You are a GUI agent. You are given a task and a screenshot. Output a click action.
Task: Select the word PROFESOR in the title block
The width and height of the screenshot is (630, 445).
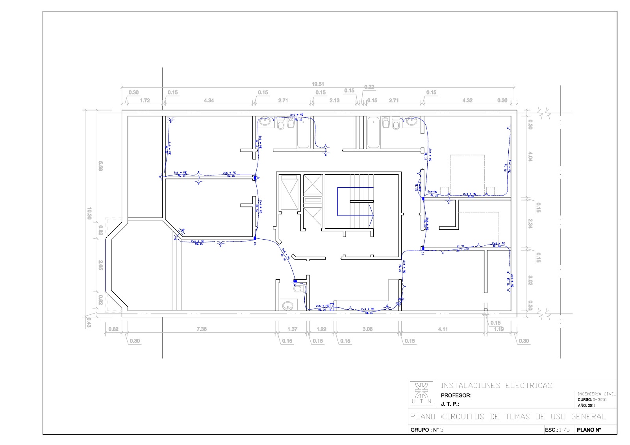pos(456,395)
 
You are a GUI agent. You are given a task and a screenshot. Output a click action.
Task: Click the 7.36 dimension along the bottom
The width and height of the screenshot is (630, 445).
pos(201,329)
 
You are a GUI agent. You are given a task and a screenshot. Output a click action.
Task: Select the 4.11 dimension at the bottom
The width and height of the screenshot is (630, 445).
pos(443,329)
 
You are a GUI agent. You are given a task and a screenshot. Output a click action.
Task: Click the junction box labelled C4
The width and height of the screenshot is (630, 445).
pos(255,238)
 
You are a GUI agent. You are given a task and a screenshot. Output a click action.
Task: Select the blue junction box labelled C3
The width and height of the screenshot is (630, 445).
pos(422,248)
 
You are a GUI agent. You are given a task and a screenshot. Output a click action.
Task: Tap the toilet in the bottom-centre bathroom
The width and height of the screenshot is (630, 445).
pos(298,289)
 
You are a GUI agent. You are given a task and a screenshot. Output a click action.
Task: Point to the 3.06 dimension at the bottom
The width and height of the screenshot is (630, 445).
pos(367,329)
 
